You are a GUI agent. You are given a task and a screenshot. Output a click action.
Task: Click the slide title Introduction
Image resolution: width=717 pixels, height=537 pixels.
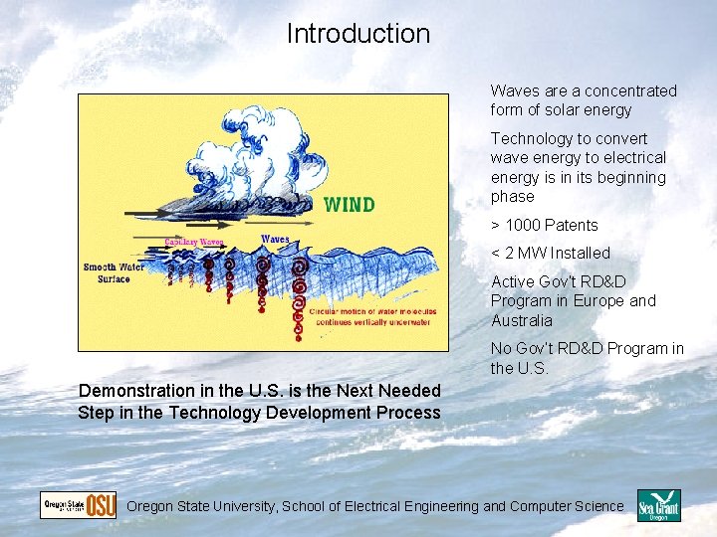click(x=358, y=34)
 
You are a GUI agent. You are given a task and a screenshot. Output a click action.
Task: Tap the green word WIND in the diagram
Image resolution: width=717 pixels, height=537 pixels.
click(x=350, y=205)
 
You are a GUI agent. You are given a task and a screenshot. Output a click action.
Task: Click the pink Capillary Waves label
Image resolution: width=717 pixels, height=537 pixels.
click(x=194, y=242)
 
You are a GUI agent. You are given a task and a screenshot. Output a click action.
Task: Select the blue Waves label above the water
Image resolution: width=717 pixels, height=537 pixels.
click(x=276, y=239)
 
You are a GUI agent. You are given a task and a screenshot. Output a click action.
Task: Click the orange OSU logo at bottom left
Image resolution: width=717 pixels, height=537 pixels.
click(x=101, y=505)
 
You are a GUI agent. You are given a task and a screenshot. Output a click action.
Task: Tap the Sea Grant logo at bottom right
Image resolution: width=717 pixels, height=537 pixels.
click(x=658, y=506)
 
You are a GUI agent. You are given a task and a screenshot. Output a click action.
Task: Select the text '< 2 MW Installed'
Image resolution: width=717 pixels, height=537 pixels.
click(x=550, y=253)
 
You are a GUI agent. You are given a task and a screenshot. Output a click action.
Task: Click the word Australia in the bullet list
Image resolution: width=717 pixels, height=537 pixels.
click(x=522, y=320)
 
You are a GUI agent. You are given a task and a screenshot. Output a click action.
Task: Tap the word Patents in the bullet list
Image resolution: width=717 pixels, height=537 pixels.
click(x=565, y=225)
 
